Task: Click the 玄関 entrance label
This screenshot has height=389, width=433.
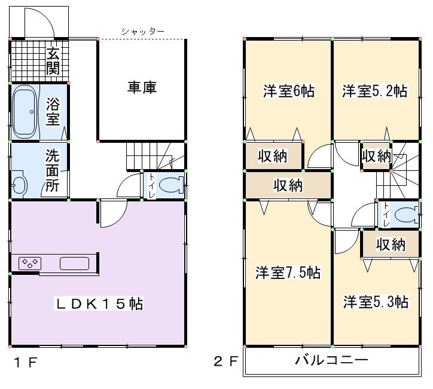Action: tap(53, 60)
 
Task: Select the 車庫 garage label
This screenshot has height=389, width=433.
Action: tap(142, 88)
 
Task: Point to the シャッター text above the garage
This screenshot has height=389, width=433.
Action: tap(142, 32)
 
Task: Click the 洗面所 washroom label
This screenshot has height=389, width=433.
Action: tap(53, 170)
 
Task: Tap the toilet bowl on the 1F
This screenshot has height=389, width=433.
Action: tap(170, 185)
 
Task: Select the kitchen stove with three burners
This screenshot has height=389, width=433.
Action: tap(30, 262)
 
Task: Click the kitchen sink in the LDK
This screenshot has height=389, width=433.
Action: tap(74, 263)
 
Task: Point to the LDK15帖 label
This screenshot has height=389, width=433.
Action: tap(99, 304)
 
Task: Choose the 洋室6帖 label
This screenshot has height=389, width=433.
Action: tap(288, 91)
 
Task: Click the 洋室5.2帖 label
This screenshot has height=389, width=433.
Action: tap(375, 91)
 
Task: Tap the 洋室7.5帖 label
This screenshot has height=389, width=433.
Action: tap(288, 273)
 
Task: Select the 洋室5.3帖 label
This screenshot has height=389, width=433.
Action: tap(376, 302)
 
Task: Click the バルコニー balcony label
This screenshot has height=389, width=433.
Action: tap(331, 360)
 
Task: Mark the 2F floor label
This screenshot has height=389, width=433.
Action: tap(226, 362)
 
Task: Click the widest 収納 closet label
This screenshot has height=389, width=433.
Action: tap(288, 185)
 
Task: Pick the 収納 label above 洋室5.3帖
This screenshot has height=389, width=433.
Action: tap(391, 244)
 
